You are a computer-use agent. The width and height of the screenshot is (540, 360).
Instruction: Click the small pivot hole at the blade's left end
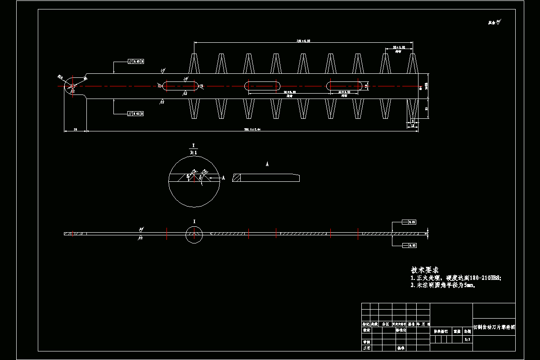pos(73,86)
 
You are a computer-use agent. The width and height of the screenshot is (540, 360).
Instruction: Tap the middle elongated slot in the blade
pos(264,85)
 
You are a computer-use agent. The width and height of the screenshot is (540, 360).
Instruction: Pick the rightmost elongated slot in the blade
pos(346,85)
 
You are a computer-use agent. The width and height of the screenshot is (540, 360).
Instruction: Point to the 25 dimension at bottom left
pos(75,130)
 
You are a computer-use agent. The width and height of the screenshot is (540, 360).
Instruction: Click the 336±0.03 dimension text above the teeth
pos(303,41)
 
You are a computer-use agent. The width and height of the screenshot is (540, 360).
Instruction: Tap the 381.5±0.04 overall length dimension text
pos(252,130)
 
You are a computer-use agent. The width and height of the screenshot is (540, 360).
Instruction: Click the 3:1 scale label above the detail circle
pos(194,153)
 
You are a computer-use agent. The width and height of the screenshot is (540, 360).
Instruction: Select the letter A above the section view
pos(267,165)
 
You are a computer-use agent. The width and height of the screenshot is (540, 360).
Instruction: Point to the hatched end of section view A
pos(237,178)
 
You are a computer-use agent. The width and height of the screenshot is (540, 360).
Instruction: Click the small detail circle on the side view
pos(194,234)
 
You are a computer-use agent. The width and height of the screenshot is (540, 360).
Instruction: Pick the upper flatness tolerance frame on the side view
pos(409,222)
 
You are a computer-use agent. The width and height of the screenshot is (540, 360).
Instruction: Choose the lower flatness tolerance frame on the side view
pos(409,245)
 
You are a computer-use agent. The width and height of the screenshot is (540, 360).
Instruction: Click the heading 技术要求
pos(425,270)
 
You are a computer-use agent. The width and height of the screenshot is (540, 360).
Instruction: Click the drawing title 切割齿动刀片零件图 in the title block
pos(494,328)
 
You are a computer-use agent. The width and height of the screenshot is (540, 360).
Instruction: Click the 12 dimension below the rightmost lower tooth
pos(413,126)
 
